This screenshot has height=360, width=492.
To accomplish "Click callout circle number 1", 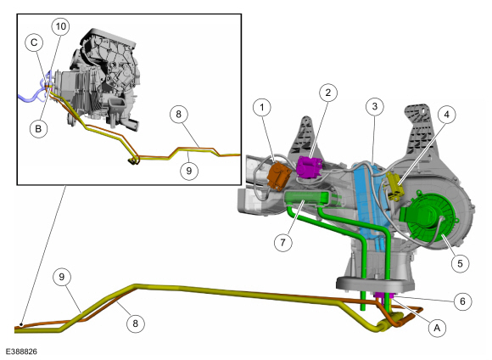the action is (x=262, y=108).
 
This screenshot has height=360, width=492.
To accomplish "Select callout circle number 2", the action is (x=328, y=93).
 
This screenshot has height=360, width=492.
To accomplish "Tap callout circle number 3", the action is (x=375, y=106).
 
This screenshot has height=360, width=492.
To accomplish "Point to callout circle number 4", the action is (x=446, y=115).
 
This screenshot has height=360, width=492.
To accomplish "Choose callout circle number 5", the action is (x=460, y=263).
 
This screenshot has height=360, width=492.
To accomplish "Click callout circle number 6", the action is (x=462, y=301).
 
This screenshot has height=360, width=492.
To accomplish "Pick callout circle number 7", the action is (x=283, y=242).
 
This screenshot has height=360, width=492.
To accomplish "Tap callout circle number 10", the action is (x=61, y=26).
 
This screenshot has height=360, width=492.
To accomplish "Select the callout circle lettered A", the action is (x=437, y=328).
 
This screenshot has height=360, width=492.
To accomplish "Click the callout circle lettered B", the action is (x=38, y=128).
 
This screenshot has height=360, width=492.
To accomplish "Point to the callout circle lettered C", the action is (x=34, y=42).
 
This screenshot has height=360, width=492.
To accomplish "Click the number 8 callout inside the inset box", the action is (x=178, y=114).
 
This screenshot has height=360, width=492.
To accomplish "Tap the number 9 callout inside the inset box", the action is (x=188, y=171).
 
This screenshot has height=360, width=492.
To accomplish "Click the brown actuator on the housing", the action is (x=277, y=175).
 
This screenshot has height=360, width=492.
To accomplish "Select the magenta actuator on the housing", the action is (x=309, y=166).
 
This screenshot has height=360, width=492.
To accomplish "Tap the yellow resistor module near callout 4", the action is (x=394, y=188).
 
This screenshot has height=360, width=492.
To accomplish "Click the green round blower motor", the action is (x=427, y=214).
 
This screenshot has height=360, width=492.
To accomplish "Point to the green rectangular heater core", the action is (x=306, y=199).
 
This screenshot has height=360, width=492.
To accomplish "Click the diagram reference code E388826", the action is (x=21, y=352).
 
